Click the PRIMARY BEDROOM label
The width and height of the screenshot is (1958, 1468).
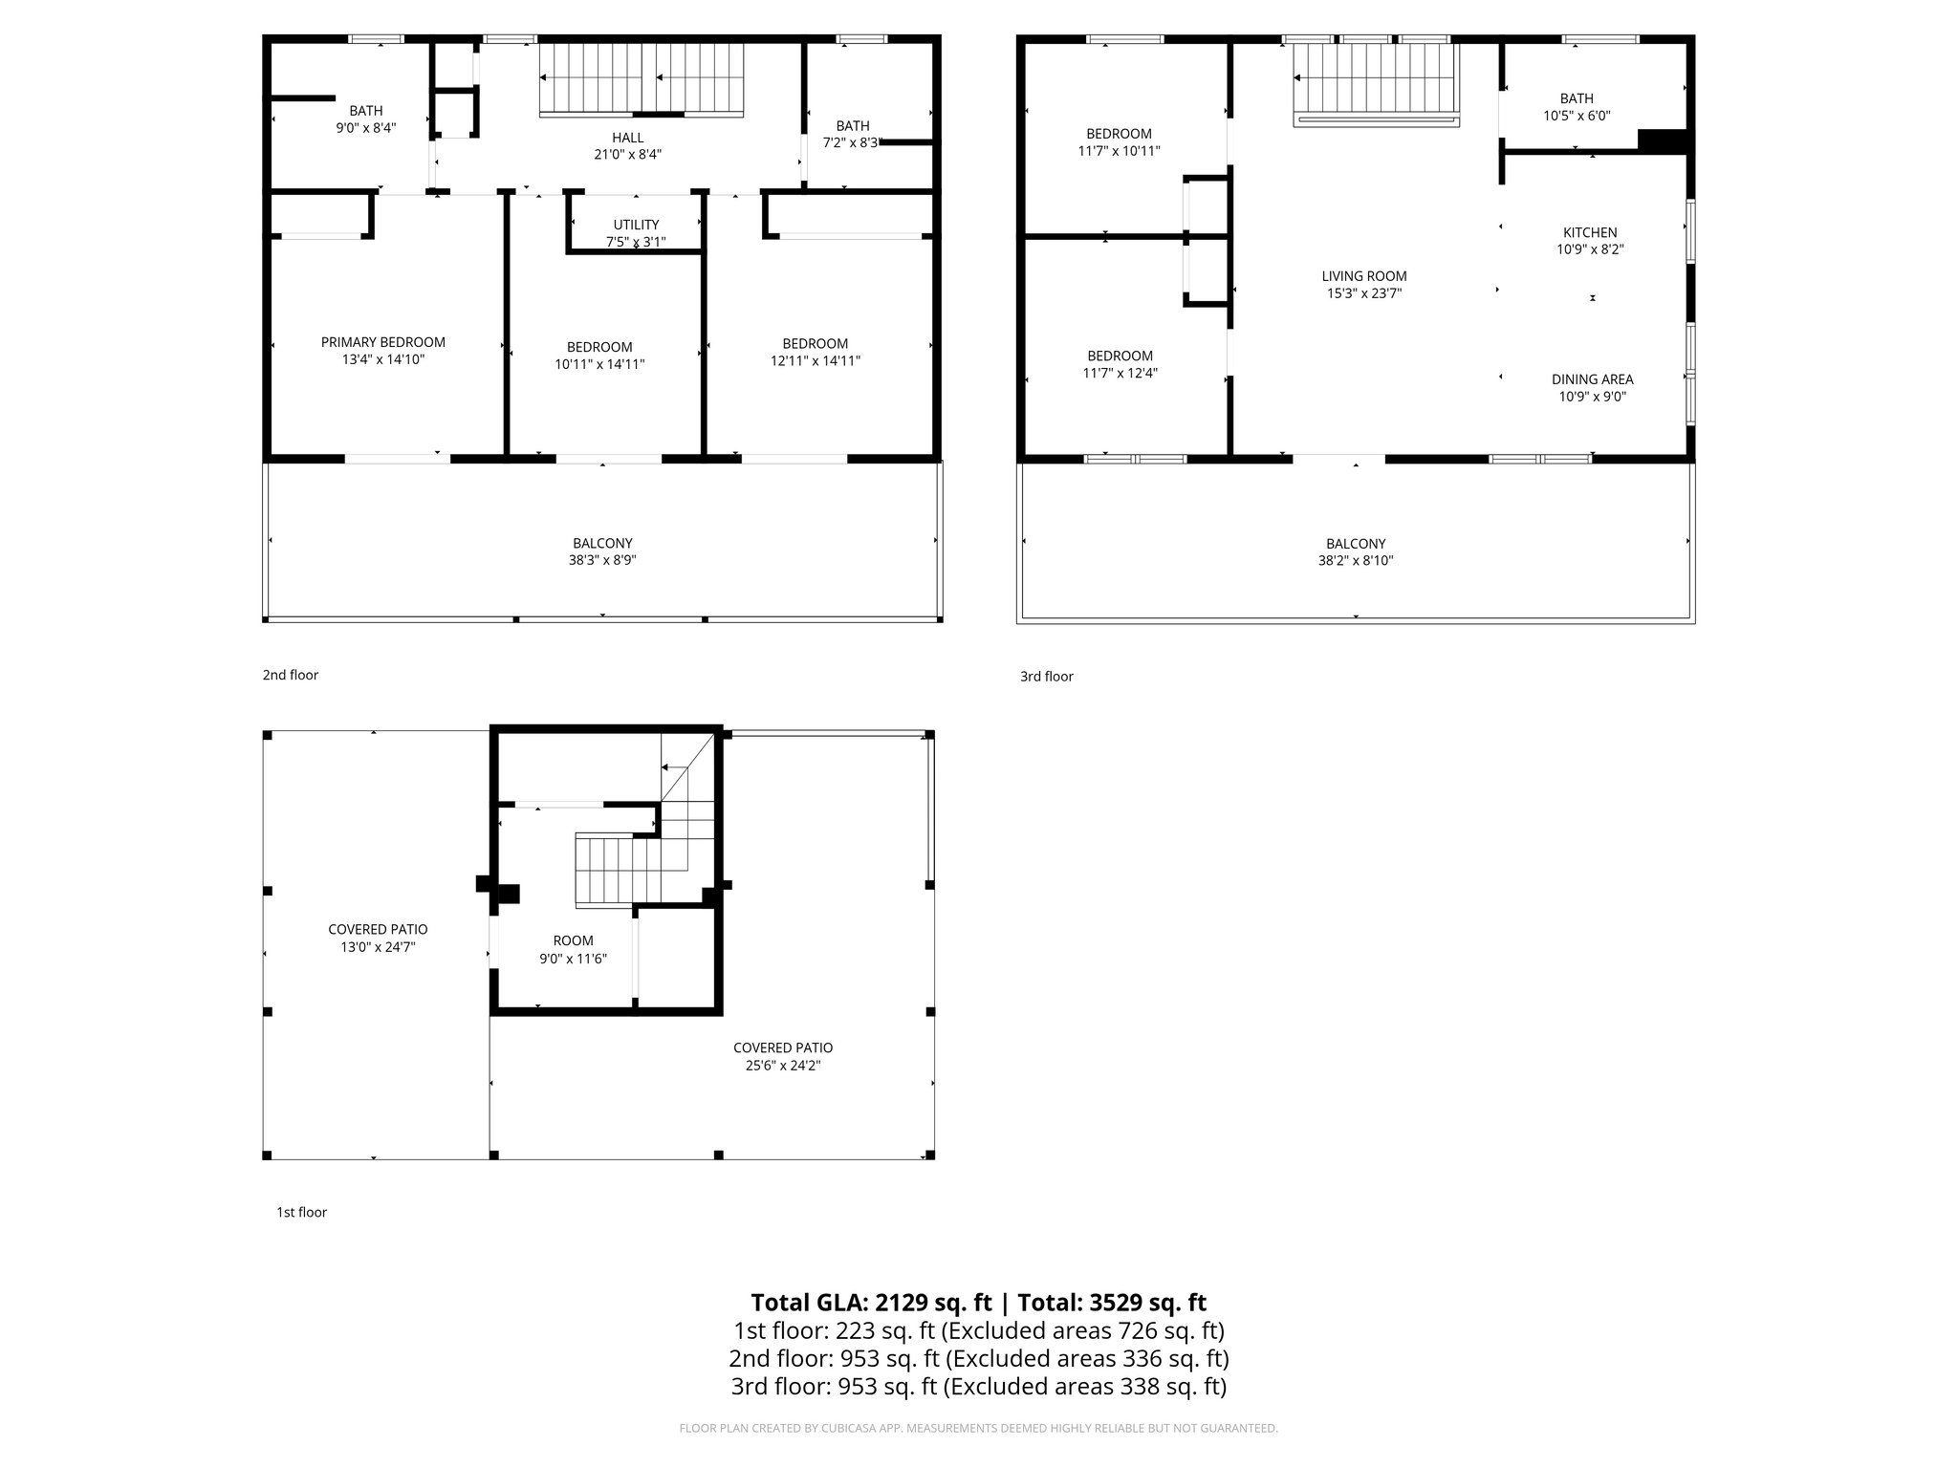pyautogui.click(x=382, y=342)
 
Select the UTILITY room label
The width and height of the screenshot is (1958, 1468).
pyautogui.click(x=636, y=225)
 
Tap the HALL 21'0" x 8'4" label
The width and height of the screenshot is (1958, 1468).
pyautogui.click(x=627, y=145)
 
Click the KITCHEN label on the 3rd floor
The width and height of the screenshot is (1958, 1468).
pyautogui.click(x=1590, y=232)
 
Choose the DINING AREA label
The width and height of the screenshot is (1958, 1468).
pyautogui.click(x=1592, y=379)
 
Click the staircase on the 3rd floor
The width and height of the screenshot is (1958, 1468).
pyautogui.click(x=1374, y=80)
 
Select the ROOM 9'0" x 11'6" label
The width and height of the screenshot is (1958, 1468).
pyautogui.click(x=573, y=949)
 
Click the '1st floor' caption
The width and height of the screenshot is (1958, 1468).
pyautogui.click(x=301, y=1212)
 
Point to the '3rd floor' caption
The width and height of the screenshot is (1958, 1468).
pyautogui.click(x=1046, y=676)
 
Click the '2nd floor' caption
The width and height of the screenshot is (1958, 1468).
pyautogui.click(x=290, y=675)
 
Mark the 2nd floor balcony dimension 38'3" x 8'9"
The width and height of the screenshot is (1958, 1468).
pyautogui.click(x=602, y=561)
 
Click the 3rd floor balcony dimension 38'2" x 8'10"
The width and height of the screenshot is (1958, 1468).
pyautogui.click(x=1355, y=561)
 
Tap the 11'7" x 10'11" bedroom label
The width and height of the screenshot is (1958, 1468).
pyautogui.click(x=1119, y=142)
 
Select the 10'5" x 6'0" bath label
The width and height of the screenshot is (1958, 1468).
pyautogui.click(x=1577, y=107)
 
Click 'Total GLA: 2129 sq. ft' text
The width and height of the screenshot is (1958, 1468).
pyautogui.click(x=871, y=1303)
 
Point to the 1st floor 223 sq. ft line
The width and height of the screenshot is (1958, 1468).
pyautogui.click(x=978, y=1330)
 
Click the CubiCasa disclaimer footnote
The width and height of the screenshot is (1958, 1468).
pyautogui.click(x=978, y=1428)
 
